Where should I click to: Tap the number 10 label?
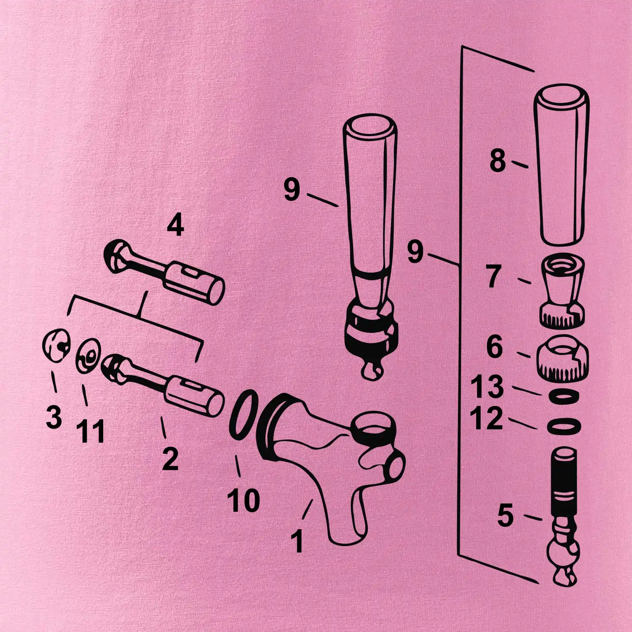point(244,500)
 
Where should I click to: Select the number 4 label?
point(175,227)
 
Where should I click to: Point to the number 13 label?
point(487,387)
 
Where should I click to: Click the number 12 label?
point(487,418)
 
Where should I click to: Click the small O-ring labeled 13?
point(563,396)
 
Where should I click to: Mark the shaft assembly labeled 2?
point(163,386)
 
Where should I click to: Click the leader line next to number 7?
point(524,281)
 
